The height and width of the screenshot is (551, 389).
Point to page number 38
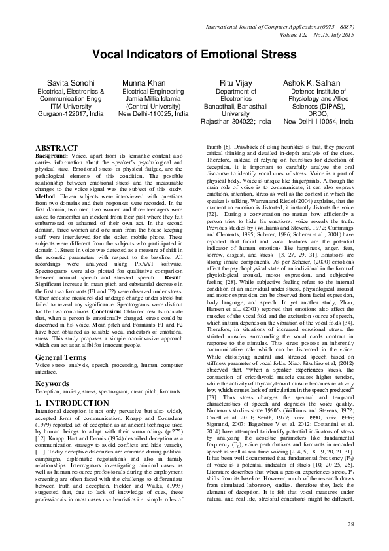pos(350,524)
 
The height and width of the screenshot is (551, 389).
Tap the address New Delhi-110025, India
pos(153,113)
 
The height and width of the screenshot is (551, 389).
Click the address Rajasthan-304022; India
pos(236,121)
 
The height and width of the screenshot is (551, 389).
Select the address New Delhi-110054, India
pos(318,121)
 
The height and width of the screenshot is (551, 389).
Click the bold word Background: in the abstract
pos(52,156)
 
